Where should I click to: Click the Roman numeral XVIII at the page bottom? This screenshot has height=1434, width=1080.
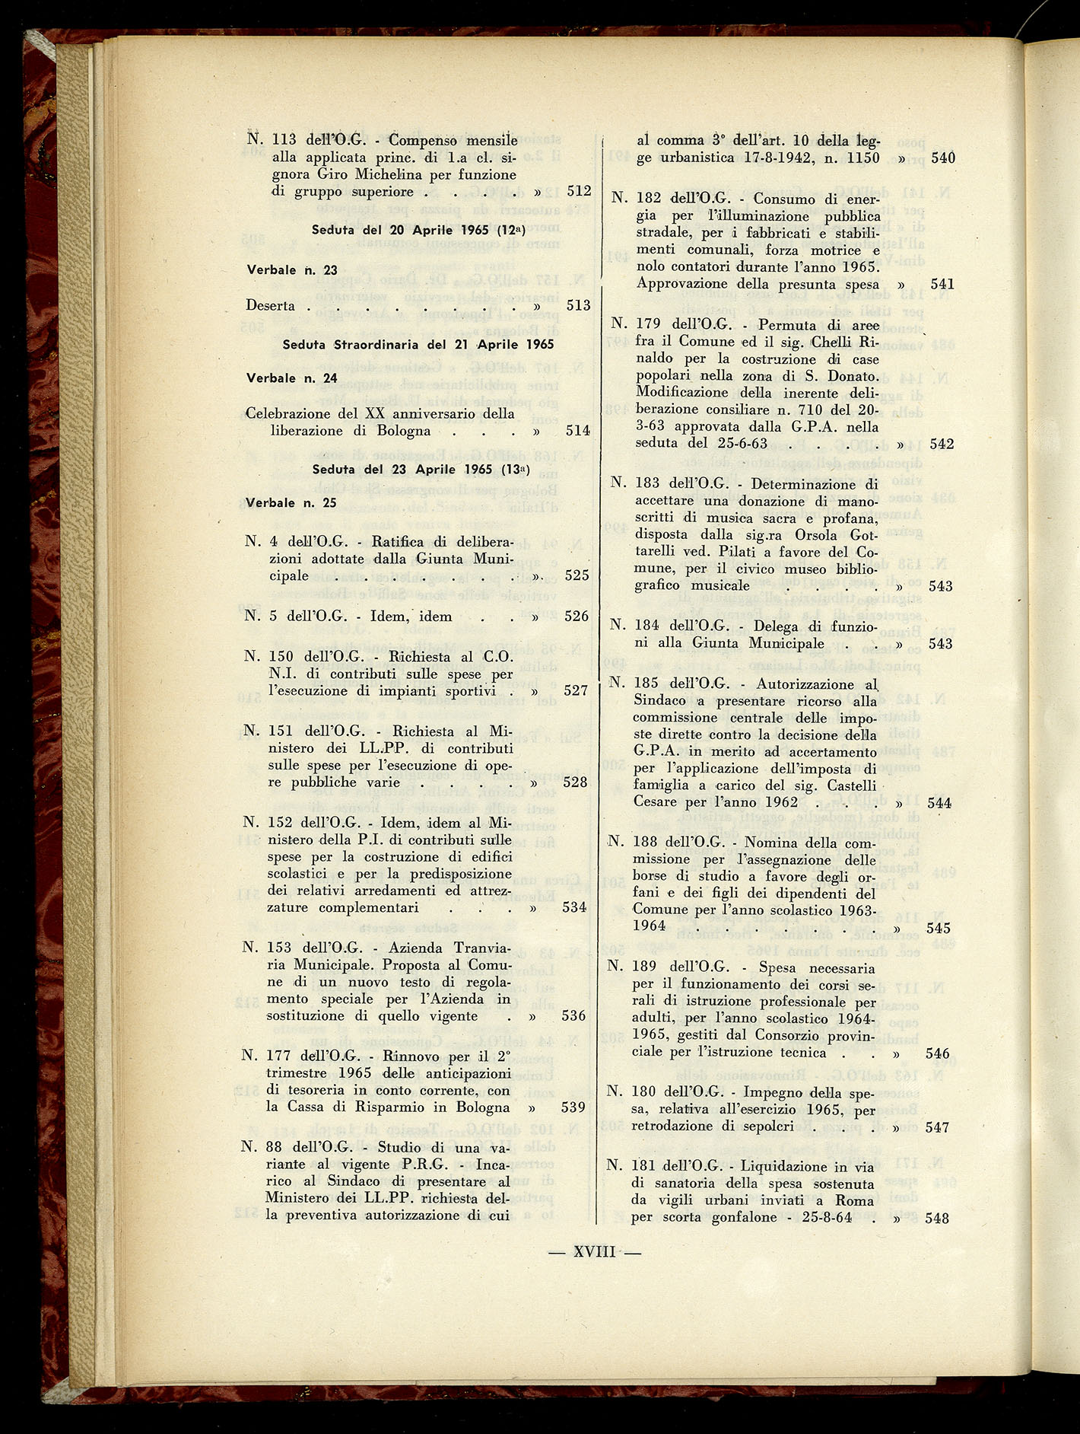tap(594, 1252)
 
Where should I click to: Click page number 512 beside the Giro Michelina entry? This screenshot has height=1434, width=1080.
tap(579, 192)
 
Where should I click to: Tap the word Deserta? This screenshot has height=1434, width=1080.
tap(271, 305)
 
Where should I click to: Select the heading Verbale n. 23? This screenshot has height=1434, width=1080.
tap(292, 269)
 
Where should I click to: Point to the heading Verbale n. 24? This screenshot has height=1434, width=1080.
tap(291, 378)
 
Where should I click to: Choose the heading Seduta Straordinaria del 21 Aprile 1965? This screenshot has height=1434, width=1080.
tap(418, 344)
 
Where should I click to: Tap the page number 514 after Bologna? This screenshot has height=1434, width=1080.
tap(578, 431)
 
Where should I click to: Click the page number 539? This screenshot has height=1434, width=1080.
tap(573, 1107)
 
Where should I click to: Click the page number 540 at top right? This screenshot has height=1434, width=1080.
tap(943, 158)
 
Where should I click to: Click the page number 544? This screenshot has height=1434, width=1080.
tap(938, 802)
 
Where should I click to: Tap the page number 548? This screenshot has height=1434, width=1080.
tap(937, 1218)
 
